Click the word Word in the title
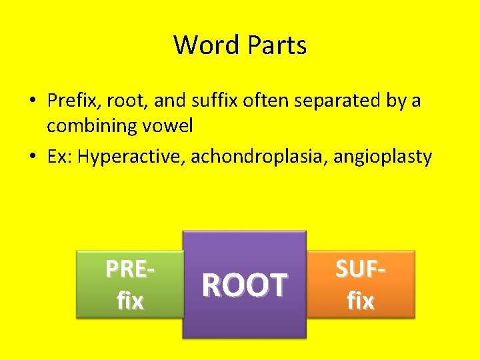207,45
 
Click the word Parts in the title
277,45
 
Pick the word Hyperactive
131,157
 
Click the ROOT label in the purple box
244,285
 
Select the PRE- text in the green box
131,269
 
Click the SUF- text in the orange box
361,269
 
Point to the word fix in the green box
130,301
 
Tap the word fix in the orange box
361,301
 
